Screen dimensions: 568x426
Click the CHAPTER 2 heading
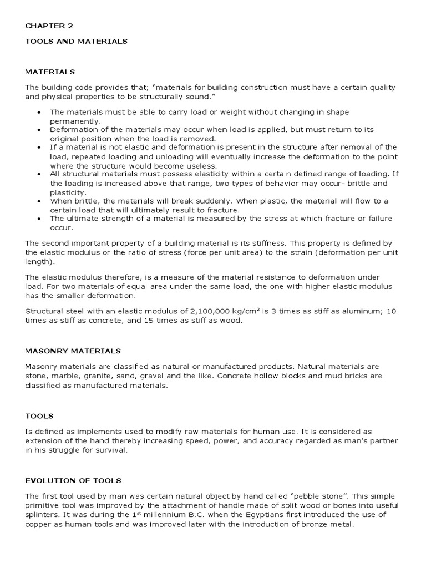[x=49, y=26]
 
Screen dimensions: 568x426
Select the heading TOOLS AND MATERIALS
[x=77, y=41]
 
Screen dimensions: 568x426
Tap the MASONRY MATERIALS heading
[x=73, y=351]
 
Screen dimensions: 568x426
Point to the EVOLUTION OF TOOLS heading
[x=73, y=480]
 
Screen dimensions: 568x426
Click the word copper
[x=41, y=524]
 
